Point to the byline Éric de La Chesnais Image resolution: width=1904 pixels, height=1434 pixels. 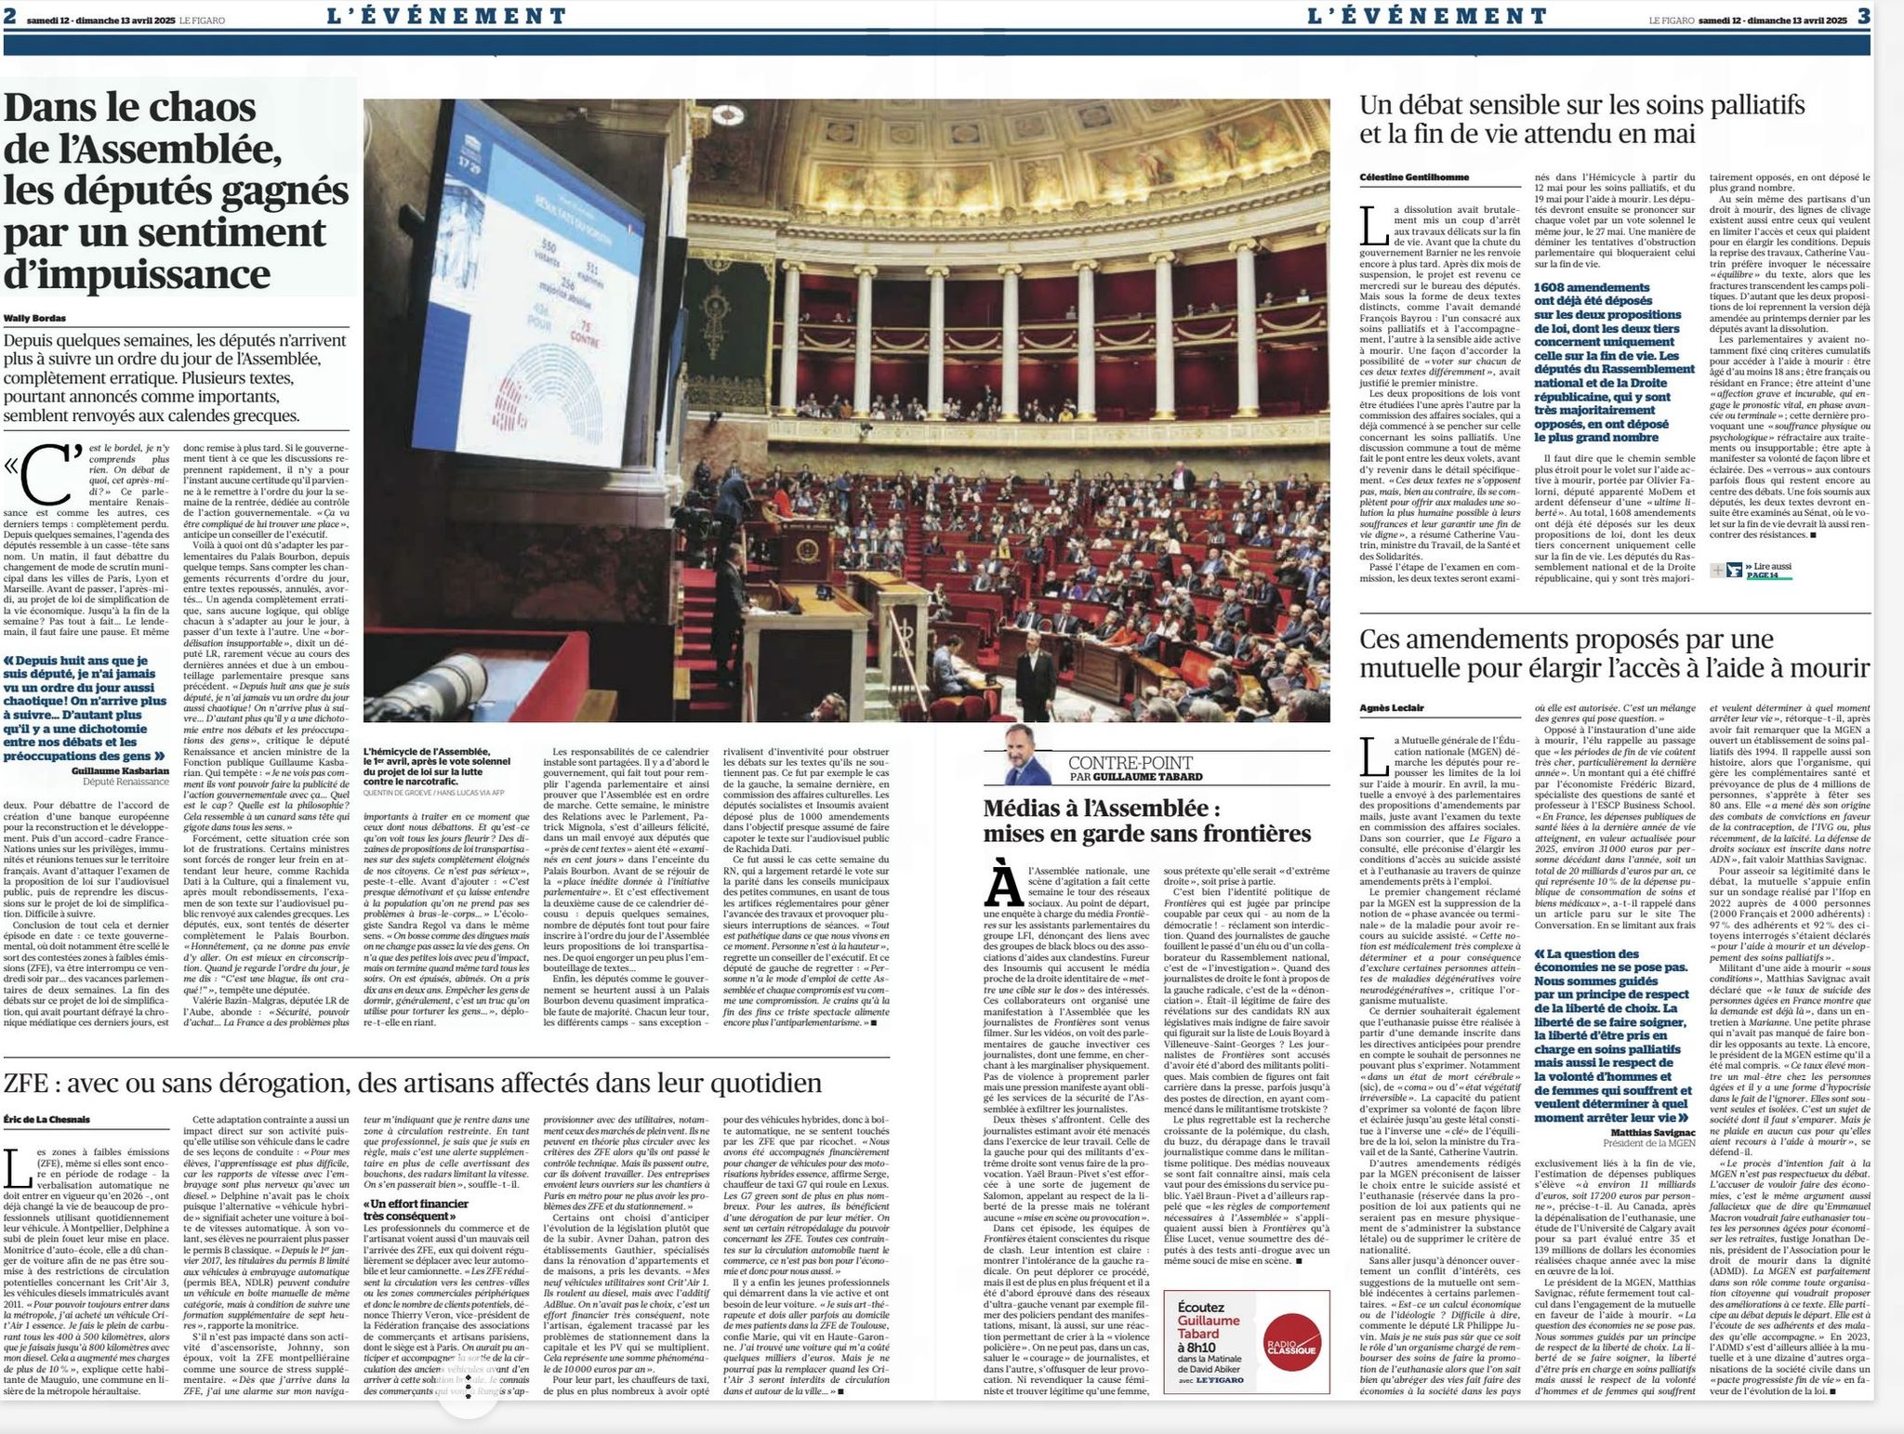point(47,1119)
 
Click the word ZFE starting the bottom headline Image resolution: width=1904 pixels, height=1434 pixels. point(30,1084)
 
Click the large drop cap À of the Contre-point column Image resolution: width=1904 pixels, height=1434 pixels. point(1003,888)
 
